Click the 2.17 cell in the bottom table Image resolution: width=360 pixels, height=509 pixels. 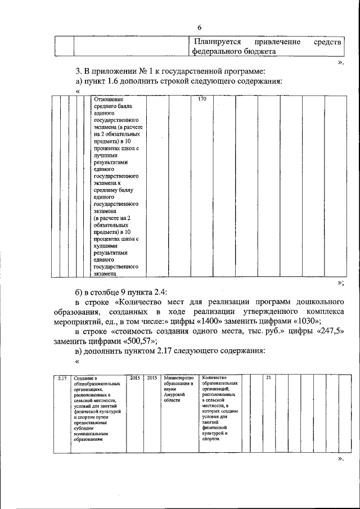(62, 378)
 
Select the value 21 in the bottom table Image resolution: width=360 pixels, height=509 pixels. (268, 378)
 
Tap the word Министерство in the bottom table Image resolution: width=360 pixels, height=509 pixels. (178, 378)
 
